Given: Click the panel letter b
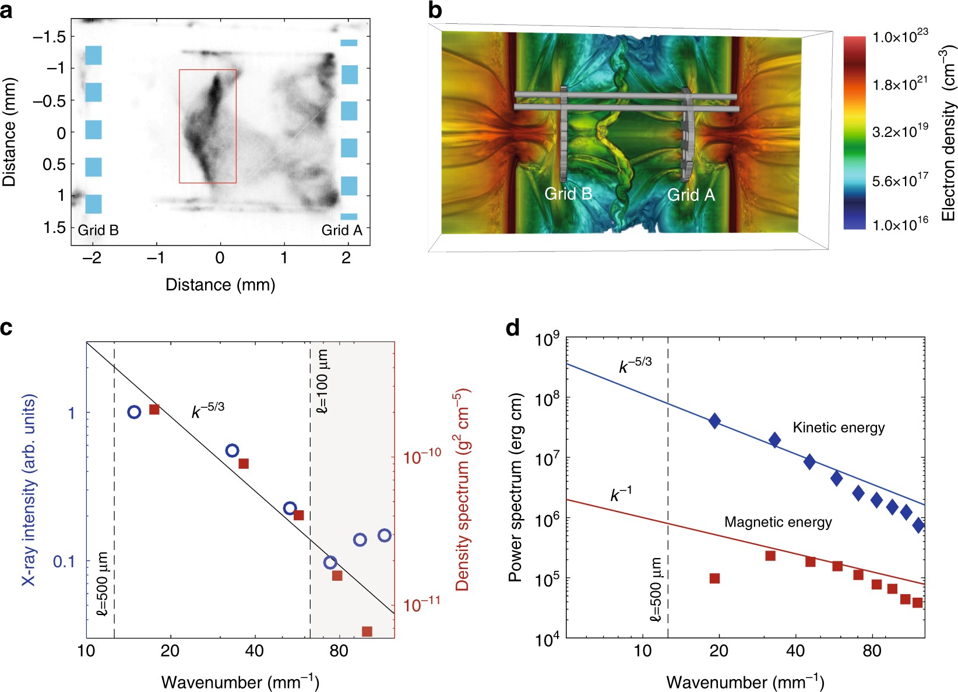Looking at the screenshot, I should [435, 10].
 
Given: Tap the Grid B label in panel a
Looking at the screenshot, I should [98, 230].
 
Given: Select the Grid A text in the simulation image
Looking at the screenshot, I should [691, 195].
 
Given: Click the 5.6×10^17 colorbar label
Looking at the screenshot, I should [900, 180].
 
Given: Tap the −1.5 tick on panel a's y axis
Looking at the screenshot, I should [53, 37].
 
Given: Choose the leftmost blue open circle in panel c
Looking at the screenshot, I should [134, 412].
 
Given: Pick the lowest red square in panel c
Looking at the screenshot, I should [367, 631].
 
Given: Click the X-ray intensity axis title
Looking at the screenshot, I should [29, 489].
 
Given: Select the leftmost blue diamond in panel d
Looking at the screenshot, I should [714, 421].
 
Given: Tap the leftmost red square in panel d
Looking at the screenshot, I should [714, 578].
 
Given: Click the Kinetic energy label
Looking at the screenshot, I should [839, 428].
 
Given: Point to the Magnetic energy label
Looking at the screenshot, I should [778, 522].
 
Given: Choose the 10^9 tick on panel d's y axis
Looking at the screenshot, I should [547, 339].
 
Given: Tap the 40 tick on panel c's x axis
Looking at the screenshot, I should [255, 651].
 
